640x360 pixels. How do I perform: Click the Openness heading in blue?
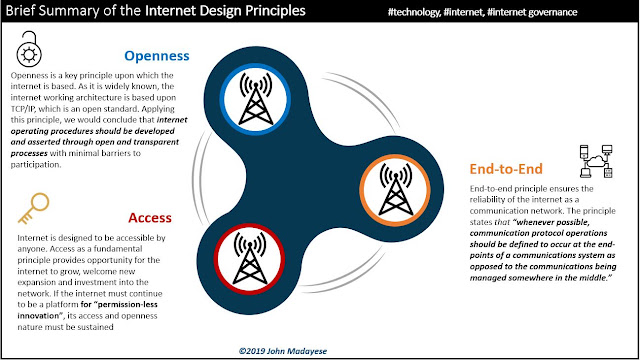[157, 56]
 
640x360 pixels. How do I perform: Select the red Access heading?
[150, 218]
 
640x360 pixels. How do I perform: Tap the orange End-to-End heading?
[506, 169]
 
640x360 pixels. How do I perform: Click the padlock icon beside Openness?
[29, 49]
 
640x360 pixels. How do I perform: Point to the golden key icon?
[34, 208]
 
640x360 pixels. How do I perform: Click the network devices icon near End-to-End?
[596, 161]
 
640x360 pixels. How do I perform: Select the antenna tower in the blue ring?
[256, 98]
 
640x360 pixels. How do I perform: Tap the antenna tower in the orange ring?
[396, 189]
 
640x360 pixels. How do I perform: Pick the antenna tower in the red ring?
[250, 258]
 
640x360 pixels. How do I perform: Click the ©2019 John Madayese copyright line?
[282, 351]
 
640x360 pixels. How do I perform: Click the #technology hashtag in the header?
[414, 12]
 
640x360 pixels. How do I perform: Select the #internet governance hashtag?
[532, 12]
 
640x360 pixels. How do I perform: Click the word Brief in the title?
[20, 10]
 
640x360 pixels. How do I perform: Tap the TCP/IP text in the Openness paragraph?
[23, 109]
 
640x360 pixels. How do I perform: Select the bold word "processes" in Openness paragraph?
[29, 153]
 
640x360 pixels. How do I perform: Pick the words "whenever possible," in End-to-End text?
[551, 222]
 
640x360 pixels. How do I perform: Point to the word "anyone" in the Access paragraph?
[31, 249]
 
